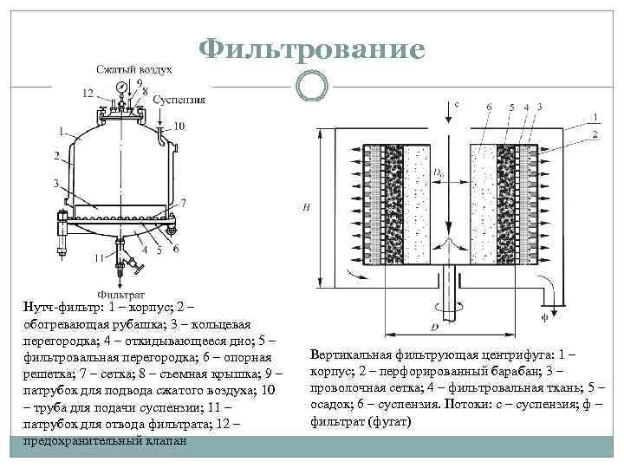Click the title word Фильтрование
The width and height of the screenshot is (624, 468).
click(312, 49)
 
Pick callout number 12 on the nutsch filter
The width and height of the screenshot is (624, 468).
click(88, 93)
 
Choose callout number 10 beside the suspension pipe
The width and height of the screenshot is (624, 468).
click(179, 127)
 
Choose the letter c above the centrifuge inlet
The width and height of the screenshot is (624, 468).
click(457, 104)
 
